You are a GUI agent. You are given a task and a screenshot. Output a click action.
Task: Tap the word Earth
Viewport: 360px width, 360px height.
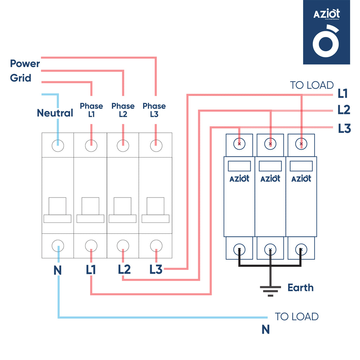[x=301, y=288]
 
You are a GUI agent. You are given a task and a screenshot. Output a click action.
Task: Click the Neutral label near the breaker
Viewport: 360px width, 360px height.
[x=55, y=113]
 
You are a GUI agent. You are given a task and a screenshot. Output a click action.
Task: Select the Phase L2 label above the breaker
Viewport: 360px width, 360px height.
[x=123, y=110]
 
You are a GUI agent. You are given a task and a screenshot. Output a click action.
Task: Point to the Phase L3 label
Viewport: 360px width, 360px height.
[x=154, y=110]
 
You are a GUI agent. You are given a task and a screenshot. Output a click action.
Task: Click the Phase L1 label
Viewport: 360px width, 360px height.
[x=91, y=110]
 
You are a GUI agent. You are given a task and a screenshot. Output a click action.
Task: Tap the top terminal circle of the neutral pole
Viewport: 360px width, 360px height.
[x=58, y=146]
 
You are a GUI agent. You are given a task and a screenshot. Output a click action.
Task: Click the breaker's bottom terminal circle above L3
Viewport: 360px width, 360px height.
[x=156, y=246]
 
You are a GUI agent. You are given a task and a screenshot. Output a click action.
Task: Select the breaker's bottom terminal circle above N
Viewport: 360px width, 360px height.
[x=58, y=246]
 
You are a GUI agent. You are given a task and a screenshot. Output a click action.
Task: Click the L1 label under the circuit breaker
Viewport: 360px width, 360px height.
[x=91, y=270]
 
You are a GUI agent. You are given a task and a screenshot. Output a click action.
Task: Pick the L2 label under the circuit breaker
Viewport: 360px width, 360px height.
[x=124, y=270]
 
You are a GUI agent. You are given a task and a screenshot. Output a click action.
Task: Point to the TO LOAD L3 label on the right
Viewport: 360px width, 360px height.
[x=345, y=129]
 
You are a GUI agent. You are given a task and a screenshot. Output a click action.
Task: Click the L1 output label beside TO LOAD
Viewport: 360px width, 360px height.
[x=342, y=94]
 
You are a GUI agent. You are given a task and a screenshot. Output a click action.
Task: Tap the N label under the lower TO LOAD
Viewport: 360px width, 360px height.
[x=266, y=329]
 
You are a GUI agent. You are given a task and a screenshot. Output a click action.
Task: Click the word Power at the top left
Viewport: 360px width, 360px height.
[x=25, y=64]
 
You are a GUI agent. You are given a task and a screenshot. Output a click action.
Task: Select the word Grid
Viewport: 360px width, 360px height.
[x=21, y=78]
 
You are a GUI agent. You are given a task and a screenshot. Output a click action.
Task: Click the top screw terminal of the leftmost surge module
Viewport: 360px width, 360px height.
[x=239, y=144]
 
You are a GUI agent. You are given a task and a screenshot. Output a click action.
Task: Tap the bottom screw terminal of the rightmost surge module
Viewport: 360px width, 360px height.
[x=301, y=250]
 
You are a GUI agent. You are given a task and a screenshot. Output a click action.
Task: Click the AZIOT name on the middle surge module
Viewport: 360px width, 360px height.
[x=270, y=179]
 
